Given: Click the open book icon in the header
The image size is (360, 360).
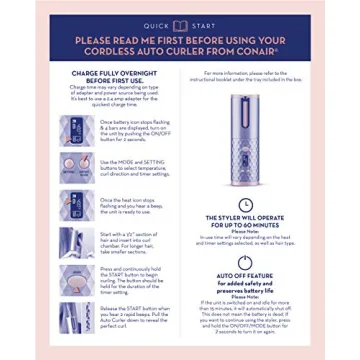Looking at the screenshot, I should (x=181, y=25).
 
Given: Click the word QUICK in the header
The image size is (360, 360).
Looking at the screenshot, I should (x=157, y=25).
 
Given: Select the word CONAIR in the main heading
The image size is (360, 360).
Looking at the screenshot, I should (x=255, y=53).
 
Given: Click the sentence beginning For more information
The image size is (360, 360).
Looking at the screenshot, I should (x=240, y=73).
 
